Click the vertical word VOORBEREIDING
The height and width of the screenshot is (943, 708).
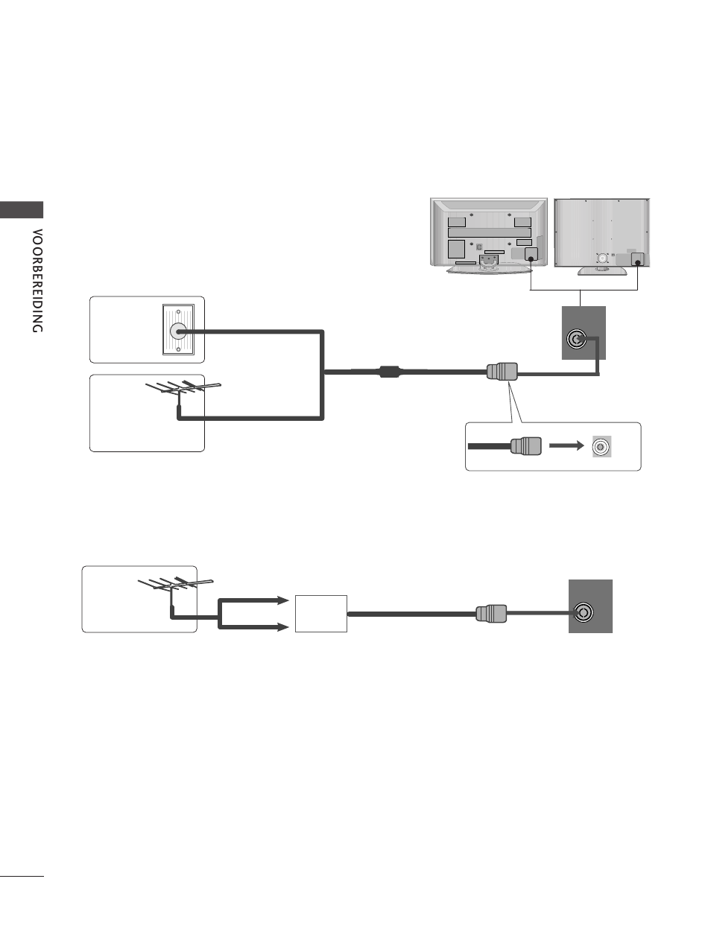[x=37, y=281]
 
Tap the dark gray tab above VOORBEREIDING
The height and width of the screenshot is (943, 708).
[x=22, y=209]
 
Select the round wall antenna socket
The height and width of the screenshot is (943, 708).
[x=178, y=331]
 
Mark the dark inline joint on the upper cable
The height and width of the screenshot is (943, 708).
[x=390, y=372]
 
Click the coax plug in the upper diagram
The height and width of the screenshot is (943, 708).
[x=502, y=372]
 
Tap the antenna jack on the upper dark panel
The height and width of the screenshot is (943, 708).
[x=576, y=339]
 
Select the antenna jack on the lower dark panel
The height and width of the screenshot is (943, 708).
[x=584, y=613]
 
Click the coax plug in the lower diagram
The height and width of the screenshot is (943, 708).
[x=491, y=614]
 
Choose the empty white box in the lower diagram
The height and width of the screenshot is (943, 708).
[x=321, y=614]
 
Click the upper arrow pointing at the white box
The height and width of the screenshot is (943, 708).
[x=253, y=600]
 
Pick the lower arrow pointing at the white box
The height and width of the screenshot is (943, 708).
[x=253, y=627]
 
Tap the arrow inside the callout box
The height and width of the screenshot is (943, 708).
[x=566, y=445]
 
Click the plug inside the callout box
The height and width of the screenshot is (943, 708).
[x=526, y=446]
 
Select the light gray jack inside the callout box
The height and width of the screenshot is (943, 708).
[x=601, y=446]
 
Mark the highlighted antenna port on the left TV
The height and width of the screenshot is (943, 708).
[x=531, y=254]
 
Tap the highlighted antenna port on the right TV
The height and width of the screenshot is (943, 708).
[x=637, y=259]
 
